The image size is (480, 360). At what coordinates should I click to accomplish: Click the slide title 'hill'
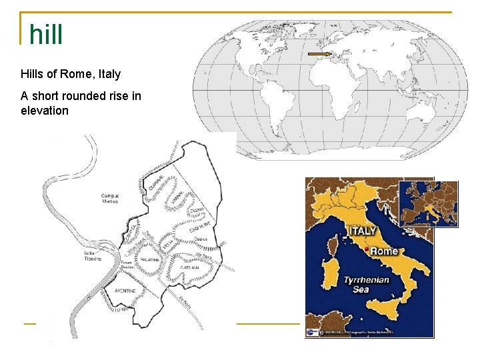(46, 34)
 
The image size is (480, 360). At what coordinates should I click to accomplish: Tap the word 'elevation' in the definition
(45, 111)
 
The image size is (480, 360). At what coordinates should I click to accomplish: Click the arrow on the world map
(321, 53)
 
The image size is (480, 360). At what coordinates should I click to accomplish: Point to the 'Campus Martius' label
(109, 199)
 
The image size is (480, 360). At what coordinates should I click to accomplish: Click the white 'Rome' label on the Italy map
(384, 251)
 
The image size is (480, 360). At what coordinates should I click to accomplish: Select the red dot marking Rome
(366, 249)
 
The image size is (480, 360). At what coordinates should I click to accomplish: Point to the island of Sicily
(386, 313)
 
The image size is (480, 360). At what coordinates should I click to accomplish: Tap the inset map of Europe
(428, 203)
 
